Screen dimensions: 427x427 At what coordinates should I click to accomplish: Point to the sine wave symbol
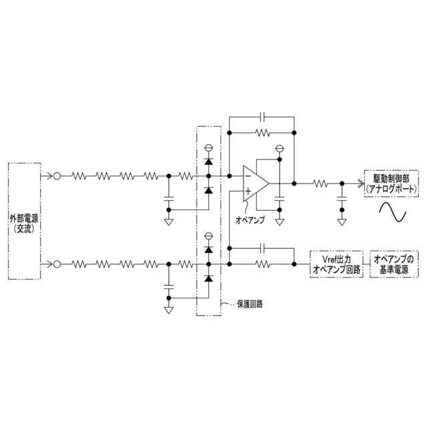point(393,212)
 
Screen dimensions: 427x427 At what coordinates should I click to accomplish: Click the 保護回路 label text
point(250,304)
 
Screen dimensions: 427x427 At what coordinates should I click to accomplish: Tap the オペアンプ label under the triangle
point(250,220)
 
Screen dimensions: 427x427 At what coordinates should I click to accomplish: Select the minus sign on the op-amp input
point(248,176)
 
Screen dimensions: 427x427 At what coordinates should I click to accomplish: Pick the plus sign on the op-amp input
point(248,191)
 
